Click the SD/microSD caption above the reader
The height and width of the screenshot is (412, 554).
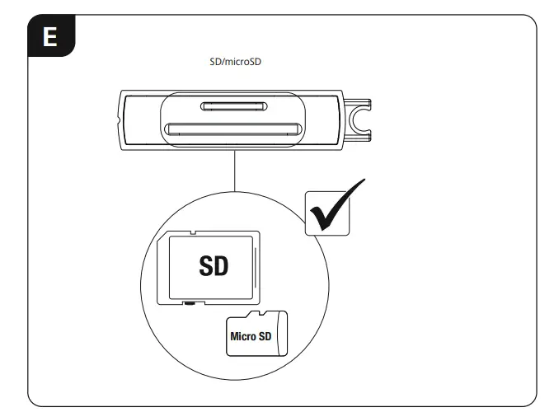tap(236, 63)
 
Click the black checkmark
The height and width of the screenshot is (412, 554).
tap(335, 205)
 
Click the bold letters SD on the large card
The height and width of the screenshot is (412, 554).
tap(214, 266)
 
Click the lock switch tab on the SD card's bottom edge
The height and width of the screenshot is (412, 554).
tap(191, 302)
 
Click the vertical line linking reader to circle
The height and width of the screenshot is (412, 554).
tap(235, 175)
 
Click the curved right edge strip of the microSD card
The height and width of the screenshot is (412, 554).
tap(283, 334)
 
